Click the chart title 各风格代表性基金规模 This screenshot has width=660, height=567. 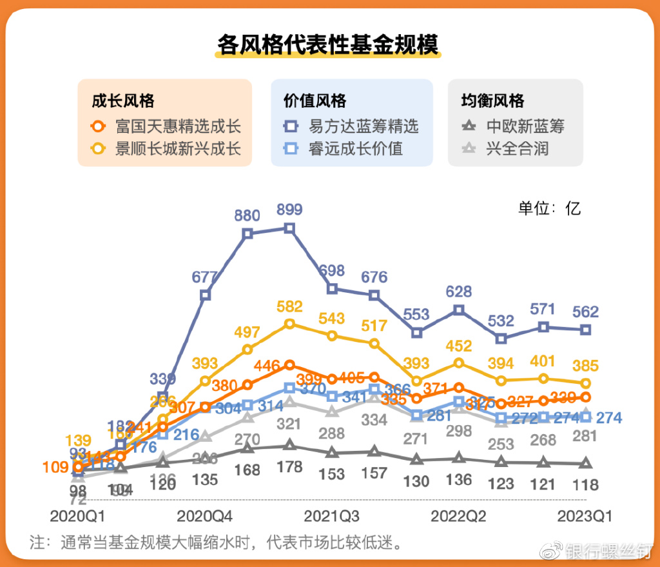pyautogui.click(x=328, y=45)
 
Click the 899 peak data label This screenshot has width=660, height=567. pyautogui.click(x=289, y=210)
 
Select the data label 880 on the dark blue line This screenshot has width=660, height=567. pyautogui.click(x=247, y=215)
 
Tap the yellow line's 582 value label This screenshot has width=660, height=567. pyautogui.click(x=289, y=306)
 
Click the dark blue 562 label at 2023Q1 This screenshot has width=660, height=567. pyautogui.click(x=585, y=312)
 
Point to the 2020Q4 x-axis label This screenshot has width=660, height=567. pyautogui.click(x=205, y=516)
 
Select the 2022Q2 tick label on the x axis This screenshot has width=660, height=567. pyautogui.click(x=458, y=516)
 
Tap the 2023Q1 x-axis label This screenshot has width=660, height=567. pyautogui.click(x=585, y=516)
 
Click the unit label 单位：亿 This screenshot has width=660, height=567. pyautogui.click(x=549, y=208)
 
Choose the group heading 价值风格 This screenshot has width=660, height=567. pyautogui.click(x=315, y=101)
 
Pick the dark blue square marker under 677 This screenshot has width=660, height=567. pyautogui.click(x=205, y=295)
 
